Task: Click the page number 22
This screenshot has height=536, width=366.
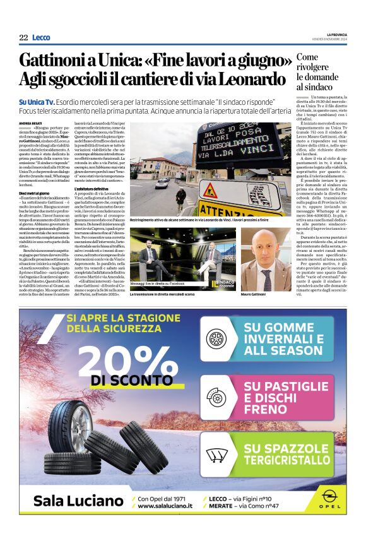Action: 23,38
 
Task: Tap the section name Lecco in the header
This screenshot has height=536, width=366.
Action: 41,38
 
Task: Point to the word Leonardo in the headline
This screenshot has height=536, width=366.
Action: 253,80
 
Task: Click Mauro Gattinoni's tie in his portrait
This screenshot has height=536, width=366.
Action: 268,277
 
